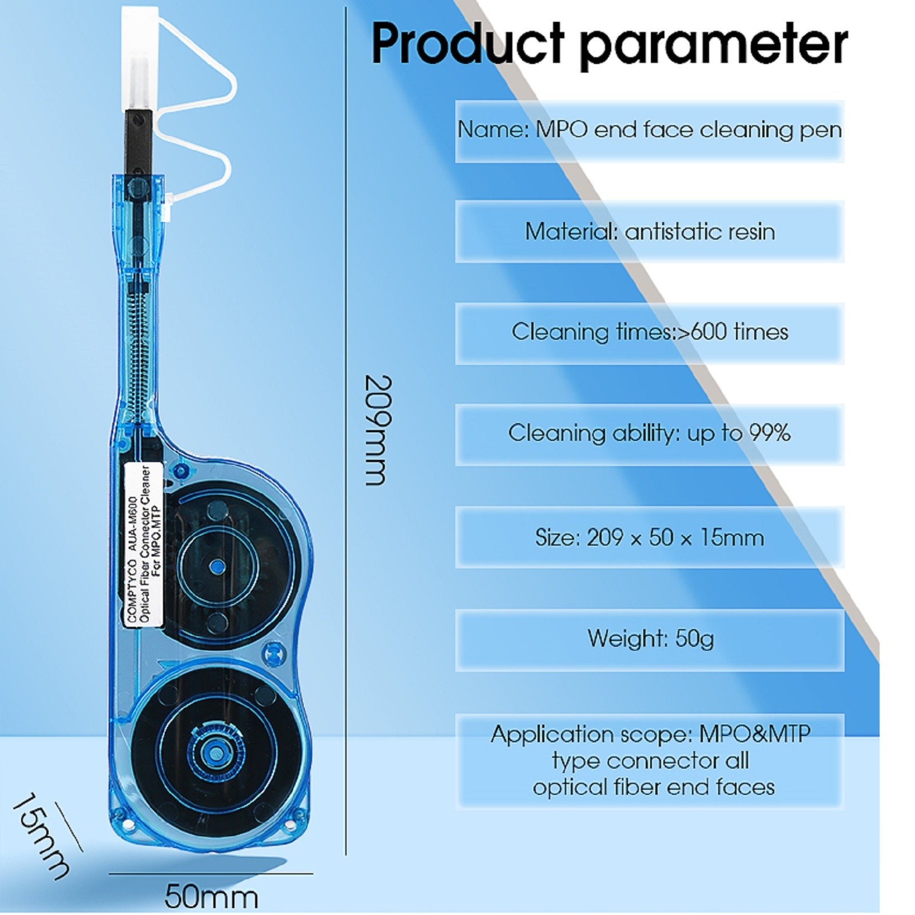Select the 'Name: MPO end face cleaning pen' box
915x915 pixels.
[x=650, y=130]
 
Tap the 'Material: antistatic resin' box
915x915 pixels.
[x=650, y=232]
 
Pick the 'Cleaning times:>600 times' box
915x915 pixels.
[x=650, y=332]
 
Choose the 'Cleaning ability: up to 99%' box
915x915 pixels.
[x=650, y=433]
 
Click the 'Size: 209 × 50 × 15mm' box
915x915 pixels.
[x=650, y=538]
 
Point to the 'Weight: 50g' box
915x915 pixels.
[x=650, y=639]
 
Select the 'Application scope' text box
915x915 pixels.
[x=650, y=761]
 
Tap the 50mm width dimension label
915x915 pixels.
[x=211, y=897]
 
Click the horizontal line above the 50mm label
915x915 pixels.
[x=211, y=873]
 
